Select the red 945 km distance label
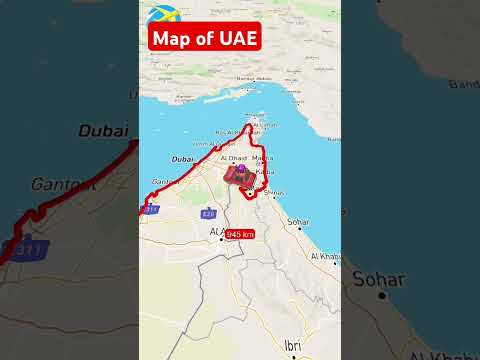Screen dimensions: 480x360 239,233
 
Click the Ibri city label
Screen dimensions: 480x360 292,345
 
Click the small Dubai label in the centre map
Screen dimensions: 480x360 183,159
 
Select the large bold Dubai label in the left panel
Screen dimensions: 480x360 105,130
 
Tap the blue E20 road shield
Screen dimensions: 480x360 208,212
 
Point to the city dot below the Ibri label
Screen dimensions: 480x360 292,355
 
